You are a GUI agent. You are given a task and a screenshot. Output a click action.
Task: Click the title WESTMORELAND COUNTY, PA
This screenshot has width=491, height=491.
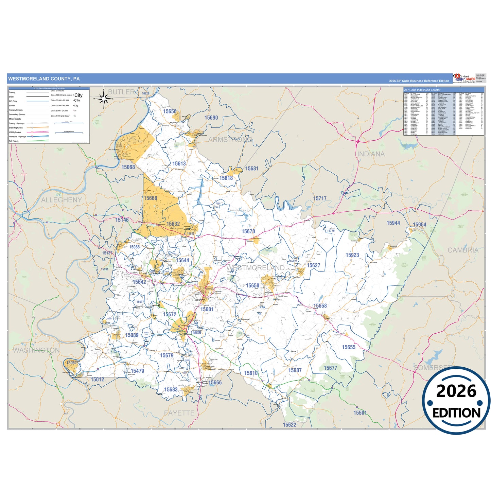click(44, 79)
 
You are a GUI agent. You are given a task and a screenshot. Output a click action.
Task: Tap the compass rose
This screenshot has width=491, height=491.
click(104, 99)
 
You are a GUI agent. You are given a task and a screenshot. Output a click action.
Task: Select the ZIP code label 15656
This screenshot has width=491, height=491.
click(170, 111)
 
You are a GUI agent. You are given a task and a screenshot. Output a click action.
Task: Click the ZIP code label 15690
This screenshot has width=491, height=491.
click(211, 118)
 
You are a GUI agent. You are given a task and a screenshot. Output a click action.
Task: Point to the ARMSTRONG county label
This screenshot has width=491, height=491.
click(230, 140)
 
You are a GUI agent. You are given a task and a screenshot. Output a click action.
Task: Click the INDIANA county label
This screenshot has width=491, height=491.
click(371, 154)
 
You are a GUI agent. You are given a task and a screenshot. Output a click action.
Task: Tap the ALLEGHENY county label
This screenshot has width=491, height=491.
click(62, 200)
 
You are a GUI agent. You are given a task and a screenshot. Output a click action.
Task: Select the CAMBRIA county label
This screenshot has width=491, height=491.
click(463, 250)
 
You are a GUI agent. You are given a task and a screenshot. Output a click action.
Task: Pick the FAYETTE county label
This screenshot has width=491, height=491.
click(179, 413)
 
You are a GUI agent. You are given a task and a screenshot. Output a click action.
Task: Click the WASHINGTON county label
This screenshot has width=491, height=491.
click(36, 350)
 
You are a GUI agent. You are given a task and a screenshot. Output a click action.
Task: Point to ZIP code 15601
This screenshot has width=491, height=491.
click(207, 309)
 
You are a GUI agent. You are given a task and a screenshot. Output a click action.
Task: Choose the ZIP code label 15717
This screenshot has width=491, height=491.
click(320, 198)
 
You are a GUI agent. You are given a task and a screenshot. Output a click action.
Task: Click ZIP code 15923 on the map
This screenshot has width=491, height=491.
click(352, 255)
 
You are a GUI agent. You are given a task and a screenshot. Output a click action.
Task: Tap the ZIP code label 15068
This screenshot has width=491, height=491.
click(128, 167)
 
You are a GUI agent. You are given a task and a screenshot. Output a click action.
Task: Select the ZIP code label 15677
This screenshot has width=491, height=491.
click(330, 368)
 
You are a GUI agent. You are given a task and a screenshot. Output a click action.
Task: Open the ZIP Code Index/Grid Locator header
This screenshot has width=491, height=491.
click(422, 90)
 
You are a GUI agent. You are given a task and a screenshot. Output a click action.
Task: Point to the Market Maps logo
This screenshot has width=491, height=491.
click(464, 78)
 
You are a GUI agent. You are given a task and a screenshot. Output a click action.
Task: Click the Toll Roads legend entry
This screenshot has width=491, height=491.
click(14, 141)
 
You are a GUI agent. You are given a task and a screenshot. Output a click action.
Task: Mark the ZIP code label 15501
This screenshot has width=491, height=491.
click(360, 413)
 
